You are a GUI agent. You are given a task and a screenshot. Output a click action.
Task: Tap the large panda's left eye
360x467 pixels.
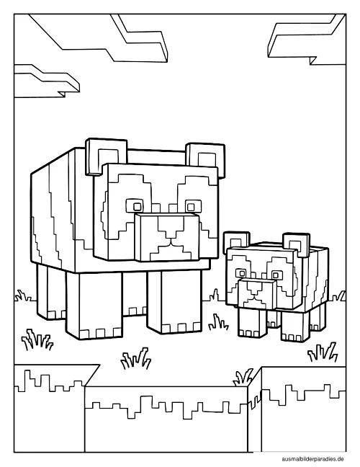pos(137,206)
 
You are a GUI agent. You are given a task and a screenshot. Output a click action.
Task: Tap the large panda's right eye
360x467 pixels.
pos(190,206)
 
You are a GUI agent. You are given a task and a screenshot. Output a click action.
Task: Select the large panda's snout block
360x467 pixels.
pos(166,237)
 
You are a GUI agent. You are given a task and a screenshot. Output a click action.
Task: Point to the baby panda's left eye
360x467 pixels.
pos(240,273)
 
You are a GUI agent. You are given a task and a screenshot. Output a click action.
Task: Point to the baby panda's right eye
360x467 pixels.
pos(276,275)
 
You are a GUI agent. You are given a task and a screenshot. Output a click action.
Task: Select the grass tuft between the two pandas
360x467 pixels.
pos(219,322)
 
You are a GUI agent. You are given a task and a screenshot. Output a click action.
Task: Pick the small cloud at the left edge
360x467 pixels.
pos(46,81)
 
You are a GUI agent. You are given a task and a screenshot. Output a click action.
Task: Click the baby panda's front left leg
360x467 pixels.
pos(249,322)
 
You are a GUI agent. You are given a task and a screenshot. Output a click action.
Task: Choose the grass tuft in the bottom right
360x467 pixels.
pos(323,352)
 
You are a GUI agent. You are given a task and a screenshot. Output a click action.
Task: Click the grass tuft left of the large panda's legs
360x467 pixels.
pos(37,339)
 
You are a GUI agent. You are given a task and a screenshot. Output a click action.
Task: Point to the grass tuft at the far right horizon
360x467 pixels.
pos(339,296)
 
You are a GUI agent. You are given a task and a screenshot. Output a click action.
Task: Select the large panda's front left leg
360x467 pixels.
pos(94,306)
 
